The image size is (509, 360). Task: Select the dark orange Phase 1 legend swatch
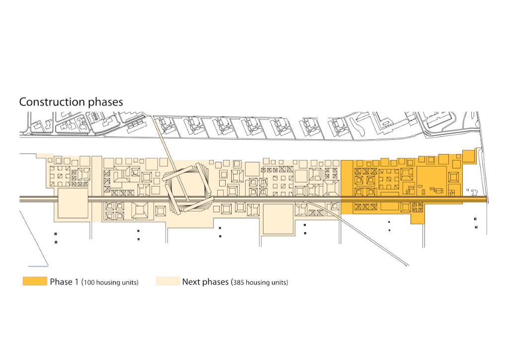[x=34, y=281]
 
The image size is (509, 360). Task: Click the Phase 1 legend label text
[x=64, y=282]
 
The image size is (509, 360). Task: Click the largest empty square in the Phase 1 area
[x=430, y=179]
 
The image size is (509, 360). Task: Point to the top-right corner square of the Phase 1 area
[x=468, y=156]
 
